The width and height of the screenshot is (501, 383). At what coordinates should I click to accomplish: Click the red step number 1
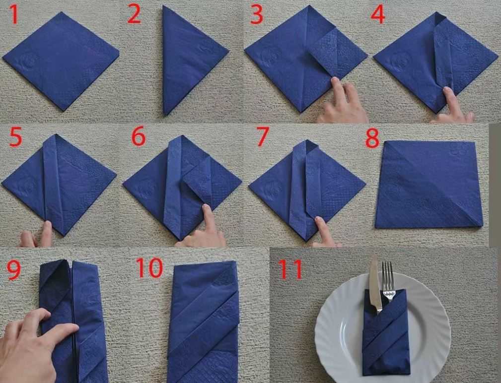click(14, 15)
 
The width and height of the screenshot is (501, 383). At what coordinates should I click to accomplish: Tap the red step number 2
click(134, 15)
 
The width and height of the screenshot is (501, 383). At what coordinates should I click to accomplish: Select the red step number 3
click(257, 15)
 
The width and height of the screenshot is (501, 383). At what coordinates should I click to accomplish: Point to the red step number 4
click(378, 15)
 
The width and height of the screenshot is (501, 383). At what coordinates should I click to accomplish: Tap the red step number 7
click(262, 136)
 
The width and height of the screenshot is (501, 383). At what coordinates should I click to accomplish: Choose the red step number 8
click(372, 138)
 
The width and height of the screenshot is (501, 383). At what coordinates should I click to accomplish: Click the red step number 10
click(149, 267)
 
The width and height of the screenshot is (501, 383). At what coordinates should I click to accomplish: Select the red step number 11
click(290, 269)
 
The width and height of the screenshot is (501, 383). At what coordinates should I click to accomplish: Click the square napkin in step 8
click(429, 184)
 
